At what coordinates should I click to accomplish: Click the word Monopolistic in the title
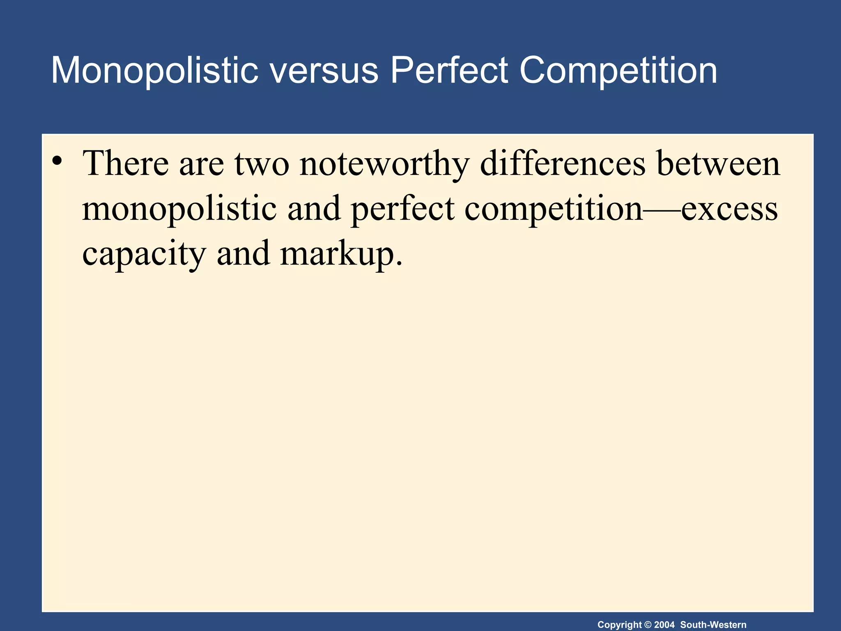pyautogui.click(x=154, y=71)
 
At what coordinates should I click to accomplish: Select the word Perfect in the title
pyautogui.click(x=449, y=71)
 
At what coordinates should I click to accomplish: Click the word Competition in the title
pyautogui.click(x=618, y=71)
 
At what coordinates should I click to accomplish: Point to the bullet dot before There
pyautogui.click(x=57, y=160)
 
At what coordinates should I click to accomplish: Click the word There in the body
pyautogui.click(x=126, y=164)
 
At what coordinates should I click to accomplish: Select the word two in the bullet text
pyautogui.click(x=262, y=164)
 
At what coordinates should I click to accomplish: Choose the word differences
pyautogui.click(x=563, y=164)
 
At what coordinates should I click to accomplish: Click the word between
pyautogui.click(x=718, y=164)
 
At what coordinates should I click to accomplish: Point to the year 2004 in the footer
pyautogui.click(x=664, y=625)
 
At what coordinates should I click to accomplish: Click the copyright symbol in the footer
pyautogui.click(x=648, y=625)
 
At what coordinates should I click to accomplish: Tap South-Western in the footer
pyautogui.click(x=713, y=625)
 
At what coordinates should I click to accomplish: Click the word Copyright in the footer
pyautogui.click(x=619, y=625)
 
